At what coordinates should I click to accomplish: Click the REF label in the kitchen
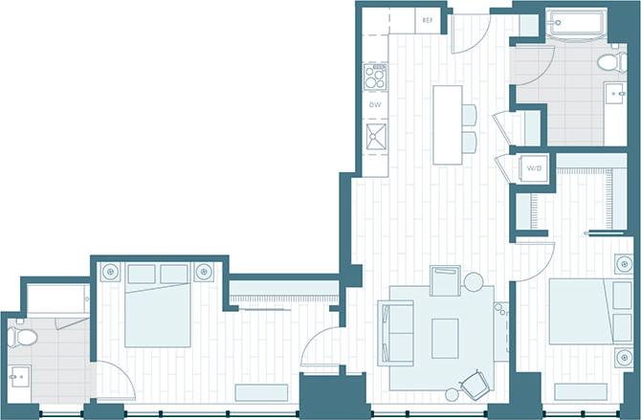(x=427, y=19)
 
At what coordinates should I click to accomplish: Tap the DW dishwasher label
(x=375, y=104)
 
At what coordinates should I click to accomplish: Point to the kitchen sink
(x=375, y=136)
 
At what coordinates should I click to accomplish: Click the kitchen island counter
(x=447, y=124)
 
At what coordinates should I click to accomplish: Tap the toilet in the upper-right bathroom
(x=608, y=62)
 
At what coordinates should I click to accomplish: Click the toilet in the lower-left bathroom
(x=21, y=337)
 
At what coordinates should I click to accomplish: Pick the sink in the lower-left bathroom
(x=19, y=376)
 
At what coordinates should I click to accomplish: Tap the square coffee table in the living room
(x=445, y=336)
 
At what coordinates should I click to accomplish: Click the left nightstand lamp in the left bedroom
(x=111, y=272)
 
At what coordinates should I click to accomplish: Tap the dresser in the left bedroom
(x=261, y=392)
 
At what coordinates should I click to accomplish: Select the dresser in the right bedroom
(x=580, y=391)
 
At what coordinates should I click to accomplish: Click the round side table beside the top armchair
(x=473, y=281)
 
